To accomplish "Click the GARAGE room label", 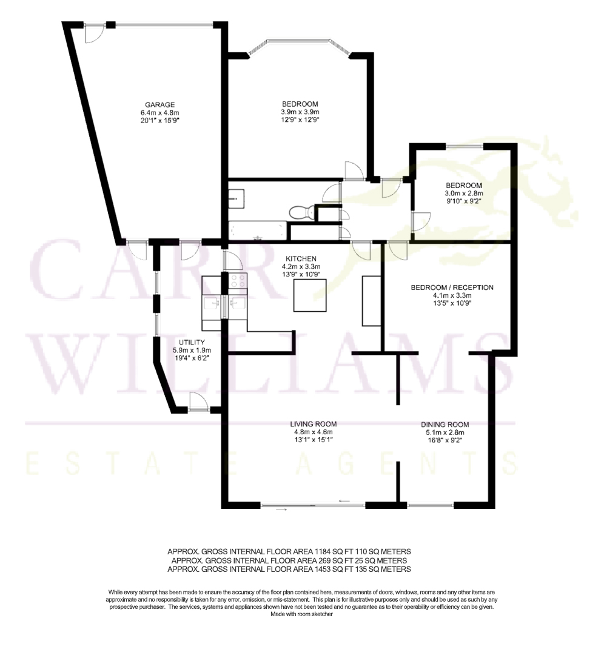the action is pyautogui.click(x=159, y=105).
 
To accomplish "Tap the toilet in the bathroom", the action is pyautogui.click(x=301, y=212).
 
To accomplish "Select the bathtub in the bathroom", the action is pyautogui.click(x=258, y=231).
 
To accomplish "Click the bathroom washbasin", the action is pyautogui.click(x=237, y=198).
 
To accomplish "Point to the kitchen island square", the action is pyautogui.click(x=310, y=295).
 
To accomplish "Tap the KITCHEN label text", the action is pyautogui.click(x=301, y=259).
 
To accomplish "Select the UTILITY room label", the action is pyautogui.click(x=192, y=342).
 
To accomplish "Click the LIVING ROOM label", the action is pyautogui.click(x=314, y=424).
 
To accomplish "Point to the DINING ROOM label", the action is pyautogui.click(x=445, y=425).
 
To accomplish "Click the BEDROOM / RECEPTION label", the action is pyautogui.click(x=452, y=287).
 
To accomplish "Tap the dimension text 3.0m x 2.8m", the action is pyautogui.click(x=464, y=193).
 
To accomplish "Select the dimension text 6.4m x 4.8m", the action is pyautogui.click(x=160, y=113).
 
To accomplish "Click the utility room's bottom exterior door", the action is pyautogui.click(x=198, y=402).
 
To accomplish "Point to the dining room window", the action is pyautogui.click(x=430, y=505).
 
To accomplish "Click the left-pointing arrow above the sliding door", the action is pyautogui.click(x=344, y=500).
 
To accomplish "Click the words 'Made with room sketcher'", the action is pyautogui.click(x=301, y=614).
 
